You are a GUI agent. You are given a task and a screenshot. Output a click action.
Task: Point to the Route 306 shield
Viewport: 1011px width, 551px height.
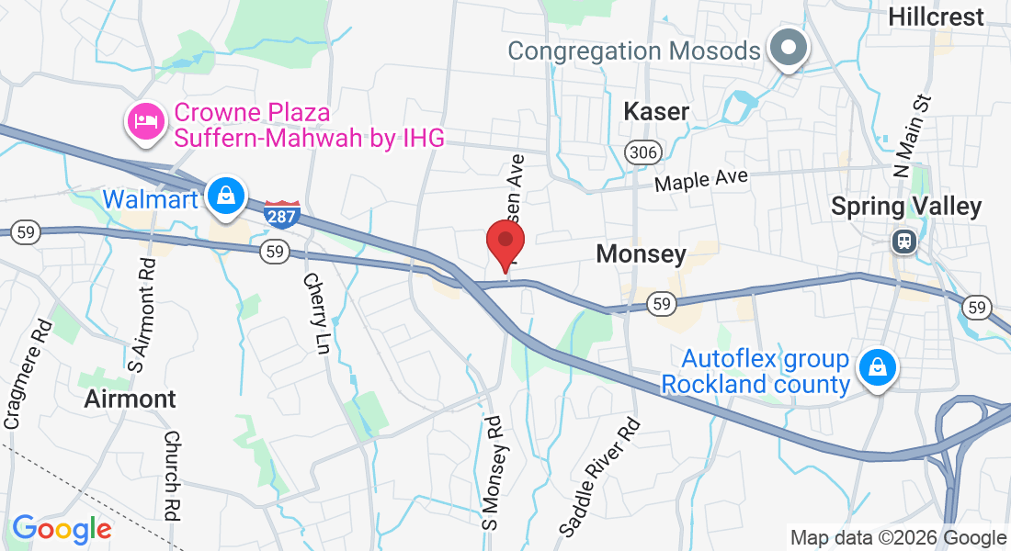[642, 152]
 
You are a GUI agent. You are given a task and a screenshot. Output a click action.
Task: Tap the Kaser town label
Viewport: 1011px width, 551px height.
[655, 112]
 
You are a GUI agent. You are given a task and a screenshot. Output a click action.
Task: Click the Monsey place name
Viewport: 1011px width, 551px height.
[641, 253]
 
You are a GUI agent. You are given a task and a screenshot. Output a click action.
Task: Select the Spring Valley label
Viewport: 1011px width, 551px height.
[906, 206]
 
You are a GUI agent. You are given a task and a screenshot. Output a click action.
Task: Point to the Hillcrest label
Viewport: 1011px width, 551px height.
[936, 17]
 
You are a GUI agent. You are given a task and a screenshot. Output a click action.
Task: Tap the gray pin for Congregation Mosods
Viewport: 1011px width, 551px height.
[788, 49]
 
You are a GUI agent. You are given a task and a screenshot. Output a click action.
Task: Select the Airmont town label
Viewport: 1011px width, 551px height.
[130, 399]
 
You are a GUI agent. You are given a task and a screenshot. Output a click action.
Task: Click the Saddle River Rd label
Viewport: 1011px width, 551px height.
[600, 478]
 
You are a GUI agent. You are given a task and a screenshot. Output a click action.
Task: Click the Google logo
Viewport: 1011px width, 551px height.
[62, 529]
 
